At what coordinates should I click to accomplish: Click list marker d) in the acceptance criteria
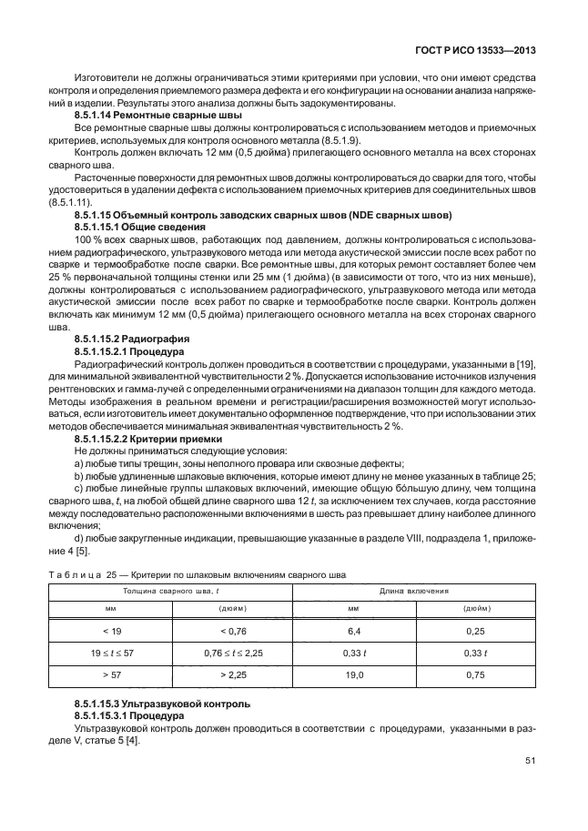pos(77,537)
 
